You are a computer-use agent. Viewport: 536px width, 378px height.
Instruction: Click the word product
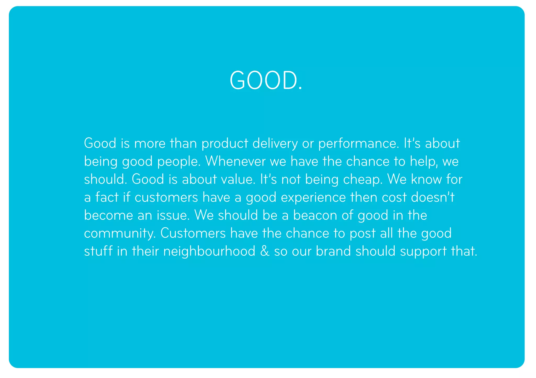click(x=225, y=144)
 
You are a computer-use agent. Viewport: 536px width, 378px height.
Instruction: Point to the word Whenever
click(x=235, y=161)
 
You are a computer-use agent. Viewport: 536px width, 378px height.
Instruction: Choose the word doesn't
click(x=433, y=197)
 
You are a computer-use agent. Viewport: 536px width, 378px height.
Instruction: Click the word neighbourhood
click(x=209, y=251)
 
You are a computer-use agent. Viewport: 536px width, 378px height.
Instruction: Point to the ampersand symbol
click(x=265, y=251)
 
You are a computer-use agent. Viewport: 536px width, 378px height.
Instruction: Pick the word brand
click(x=333, y=251)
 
